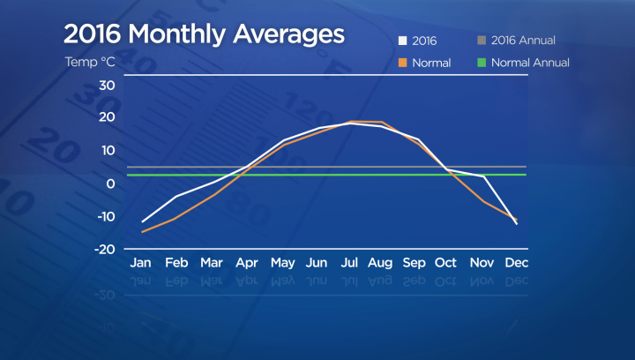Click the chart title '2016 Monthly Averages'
click(x=203, y=35)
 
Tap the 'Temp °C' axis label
click(x=90, y=63)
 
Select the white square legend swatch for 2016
click(x=404, y=41)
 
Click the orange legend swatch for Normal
click(x=404, y=64)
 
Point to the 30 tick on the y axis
click(x=107, y=86)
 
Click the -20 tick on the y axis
click(x=105, y=250)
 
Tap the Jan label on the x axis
click(x=140, y=263)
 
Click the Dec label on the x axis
click(x=517, y=263)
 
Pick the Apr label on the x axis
click(x=246, y=263)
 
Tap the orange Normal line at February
click(x=176, y=218)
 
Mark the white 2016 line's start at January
click(x=142, y=221)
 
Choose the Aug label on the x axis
click(x=381, y=263)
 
